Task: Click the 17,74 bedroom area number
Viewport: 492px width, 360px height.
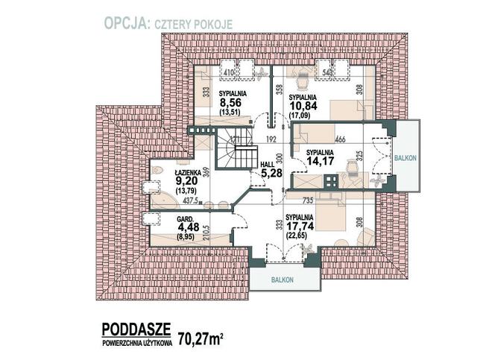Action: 298,230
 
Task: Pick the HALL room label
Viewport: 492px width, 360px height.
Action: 266,165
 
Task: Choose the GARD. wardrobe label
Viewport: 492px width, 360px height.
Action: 185,219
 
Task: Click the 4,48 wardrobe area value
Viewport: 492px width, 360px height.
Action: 186,228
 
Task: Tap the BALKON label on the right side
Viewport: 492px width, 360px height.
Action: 406,158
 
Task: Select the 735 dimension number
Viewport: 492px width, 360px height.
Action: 307,200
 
